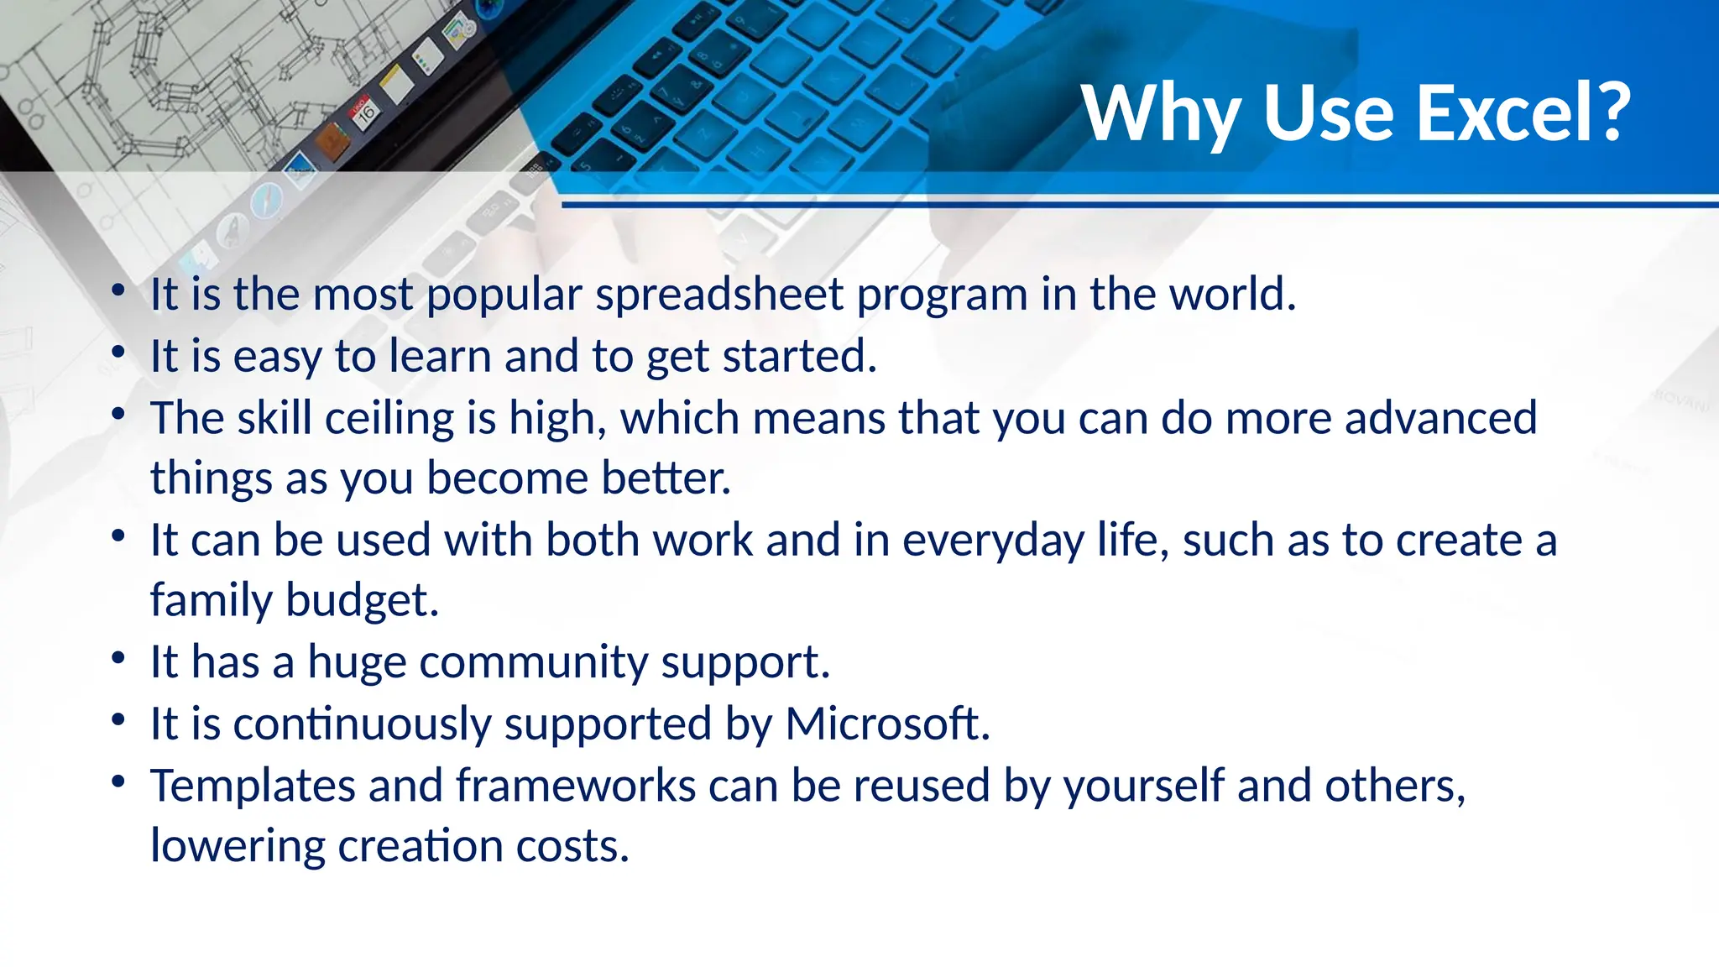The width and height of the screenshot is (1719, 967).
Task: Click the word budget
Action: [x=362, y=601]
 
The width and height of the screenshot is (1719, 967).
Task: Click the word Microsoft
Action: [x=887, y=724]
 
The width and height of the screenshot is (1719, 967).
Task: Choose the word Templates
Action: [x=253, y=787]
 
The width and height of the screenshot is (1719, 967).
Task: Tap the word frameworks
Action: [x=576, y=786]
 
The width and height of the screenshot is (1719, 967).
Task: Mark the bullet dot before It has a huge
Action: [x=118, y=657]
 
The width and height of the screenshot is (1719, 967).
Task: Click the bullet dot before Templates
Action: [x=118, y=781]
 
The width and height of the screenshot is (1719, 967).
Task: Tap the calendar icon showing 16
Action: [x=365, y=112]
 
